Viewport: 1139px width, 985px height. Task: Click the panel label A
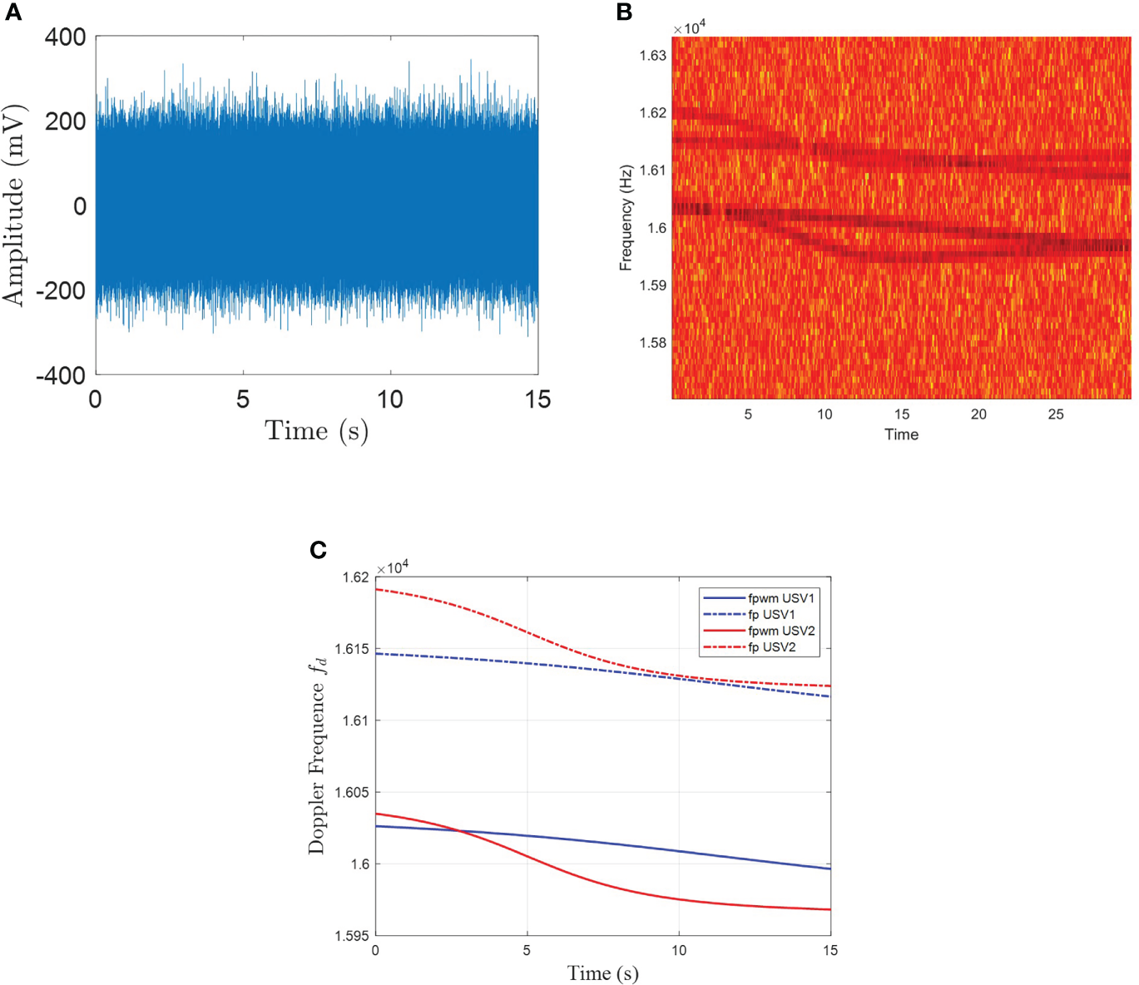point(13,12)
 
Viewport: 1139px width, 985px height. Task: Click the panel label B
point(624,12)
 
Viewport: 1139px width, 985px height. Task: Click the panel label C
point(318,550)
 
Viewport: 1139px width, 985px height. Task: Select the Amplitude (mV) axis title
point(14,205)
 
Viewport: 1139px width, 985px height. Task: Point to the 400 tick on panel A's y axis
point(65,37)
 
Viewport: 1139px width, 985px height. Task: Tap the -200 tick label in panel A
point(61,291)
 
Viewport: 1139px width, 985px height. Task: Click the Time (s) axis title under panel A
point(316,431)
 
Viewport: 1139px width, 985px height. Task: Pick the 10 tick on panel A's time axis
point(389,400)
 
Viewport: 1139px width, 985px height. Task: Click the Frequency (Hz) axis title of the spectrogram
point(626,218)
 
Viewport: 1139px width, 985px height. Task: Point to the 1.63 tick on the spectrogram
point(652,56)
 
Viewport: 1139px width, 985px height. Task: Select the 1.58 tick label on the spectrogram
point(652,343)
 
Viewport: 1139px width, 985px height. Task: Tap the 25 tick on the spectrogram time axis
point(1055,414)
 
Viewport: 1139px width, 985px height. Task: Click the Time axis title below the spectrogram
point(901,434)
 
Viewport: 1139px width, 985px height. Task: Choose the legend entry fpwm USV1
point(780,598)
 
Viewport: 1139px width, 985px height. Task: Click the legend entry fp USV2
point(771,647)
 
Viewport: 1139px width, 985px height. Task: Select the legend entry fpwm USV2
point(780,631)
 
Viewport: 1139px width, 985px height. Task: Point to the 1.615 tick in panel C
point(351,649)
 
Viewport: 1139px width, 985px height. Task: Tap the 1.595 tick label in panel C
point(351,936)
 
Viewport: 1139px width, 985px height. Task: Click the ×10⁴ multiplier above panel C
point(393,567)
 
